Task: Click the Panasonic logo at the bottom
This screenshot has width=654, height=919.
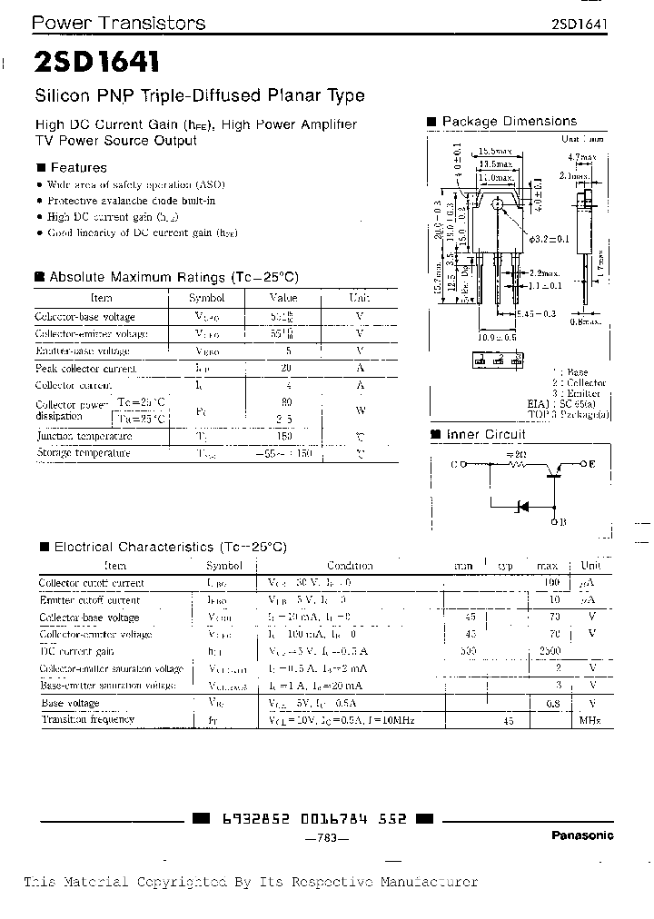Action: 582,835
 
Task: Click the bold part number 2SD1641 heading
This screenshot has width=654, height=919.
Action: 97,62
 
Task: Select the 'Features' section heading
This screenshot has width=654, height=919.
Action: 78,167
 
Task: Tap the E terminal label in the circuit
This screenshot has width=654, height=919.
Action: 591,464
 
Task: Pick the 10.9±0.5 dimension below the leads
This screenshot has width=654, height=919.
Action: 497,336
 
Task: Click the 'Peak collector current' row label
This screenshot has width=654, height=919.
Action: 85,369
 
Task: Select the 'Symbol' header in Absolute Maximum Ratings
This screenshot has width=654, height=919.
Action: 206,298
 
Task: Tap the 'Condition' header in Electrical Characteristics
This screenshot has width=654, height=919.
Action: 350,566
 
